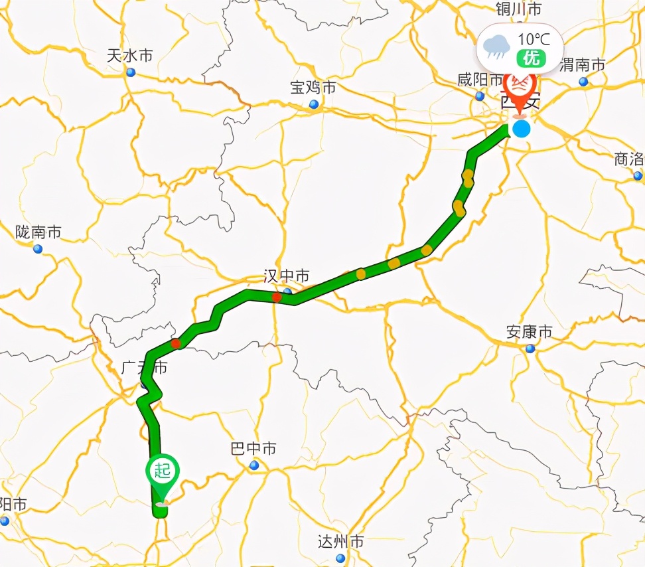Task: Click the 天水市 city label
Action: click(x=129, y=55)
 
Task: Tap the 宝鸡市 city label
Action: click(x=313, y=87)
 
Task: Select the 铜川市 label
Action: click(x=518, y=9)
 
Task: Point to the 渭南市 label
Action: click(x=582, y=64)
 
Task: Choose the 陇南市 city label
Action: click(x=38, y=232)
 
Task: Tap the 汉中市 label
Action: click(x=286, y=276)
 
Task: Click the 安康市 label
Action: click(x=529, y=331)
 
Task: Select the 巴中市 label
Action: click(x=253, y=449)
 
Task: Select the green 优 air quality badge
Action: click(x=532, y=58)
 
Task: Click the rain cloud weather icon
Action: click(x=496, y=46)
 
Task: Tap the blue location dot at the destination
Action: click(x=522, y=128)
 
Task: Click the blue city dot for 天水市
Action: click(x=130, y=72)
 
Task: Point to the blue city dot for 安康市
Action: click(x=530, y=349)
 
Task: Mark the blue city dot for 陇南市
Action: click(x=38, y=249)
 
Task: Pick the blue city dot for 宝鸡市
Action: click(x=313, y=104)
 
